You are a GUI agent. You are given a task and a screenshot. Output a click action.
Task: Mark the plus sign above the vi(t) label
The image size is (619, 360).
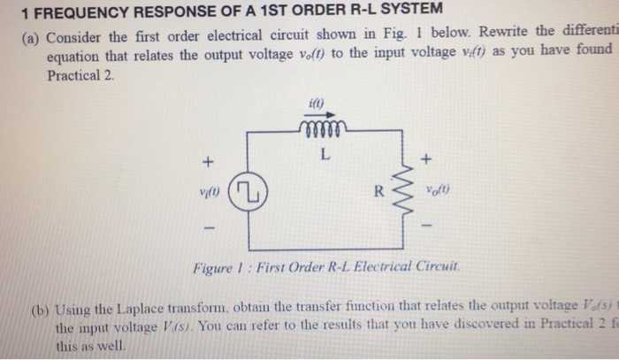(209, 162)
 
